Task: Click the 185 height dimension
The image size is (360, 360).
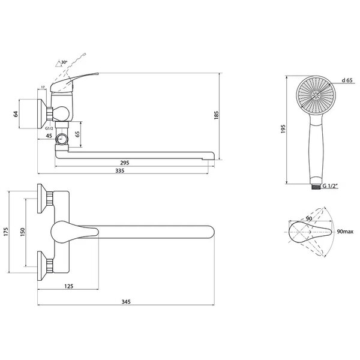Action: pos(216,115)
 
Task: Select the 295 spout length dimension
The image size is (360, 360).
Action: pos(125,163)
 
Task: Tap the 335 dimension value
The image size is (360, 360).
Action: pos(120,170)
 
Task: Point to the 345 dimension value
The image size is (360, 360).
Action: pos(126,302)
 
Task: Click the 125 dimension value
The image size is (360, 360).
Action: pos(69,286)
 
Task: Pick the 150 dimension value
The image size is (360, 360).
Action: pos(23,232)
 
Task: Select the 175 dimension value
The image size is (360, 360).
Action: pos(6,232)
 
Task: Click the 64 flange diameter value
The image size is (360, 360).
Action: pos(16,114)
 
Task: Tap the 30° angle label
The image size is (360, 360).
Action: pos(64,62)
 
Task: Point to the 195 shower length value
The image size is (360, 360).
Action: pos(283,129)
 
